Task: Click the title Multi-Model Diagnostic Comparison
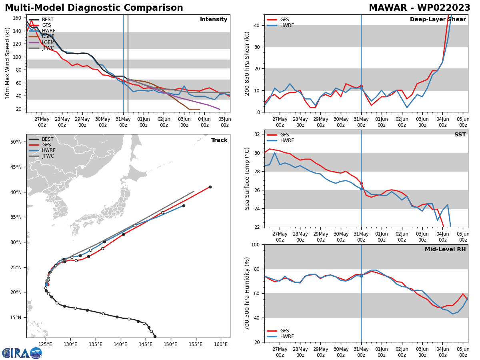click(x=94, y=8)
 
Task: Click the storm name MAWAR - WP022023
click(x=419, y=8)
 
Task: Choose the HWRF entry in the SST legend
click(x=287, y=141)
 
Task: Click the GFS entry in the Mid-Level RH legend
click(x=284, y=331)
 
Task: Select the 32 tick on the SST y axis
click(x=257, y=134)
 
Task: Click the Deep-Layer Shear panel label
click(x=438, y=20)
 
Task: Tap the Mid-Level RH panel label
click(x=445, y=250)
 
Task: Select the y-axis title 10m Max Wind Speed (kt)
click(x=8, y=63)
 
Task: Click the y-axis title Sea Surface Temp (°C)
click(x=247, y=178)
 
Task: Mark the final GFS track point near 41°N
click(x=210, y=187)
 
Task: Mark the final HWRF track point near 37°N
click(x=184, y=206)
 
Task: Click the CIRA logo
click(x=22, y=353)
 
